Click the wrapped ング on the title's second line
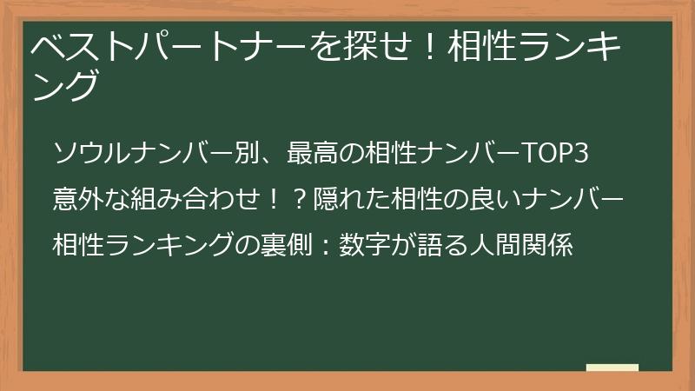(65, 85)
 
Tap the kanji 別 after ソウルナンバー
(247, 153)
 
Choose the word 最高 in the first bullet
(312, 153)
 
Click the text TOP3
(555, 154)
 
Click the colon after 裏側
(326, 246)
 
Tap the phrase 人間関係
(521, 244)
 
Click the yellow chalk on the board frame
(612, 368)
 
